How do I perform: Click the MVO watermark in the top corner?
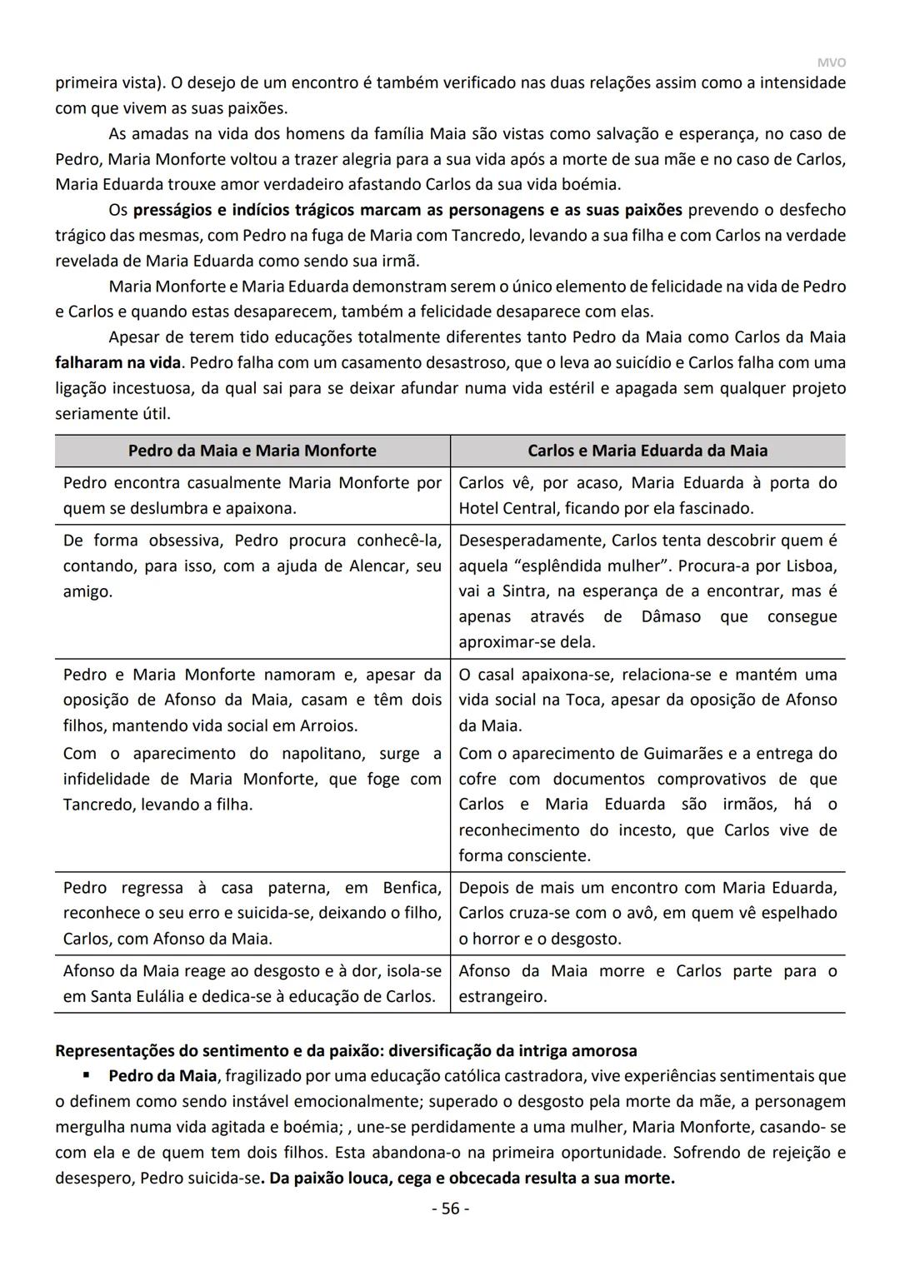831,63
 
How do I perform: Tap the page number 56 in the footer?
450,1208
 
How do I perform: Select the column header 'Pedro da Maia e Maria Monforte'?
252,451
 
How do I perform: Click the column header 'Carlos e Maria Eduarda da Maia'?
647,451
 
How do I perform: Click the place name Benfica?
412,888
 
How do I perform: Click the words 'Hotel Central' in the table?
507,508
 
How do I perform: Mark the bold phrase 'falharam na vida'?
117,363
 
